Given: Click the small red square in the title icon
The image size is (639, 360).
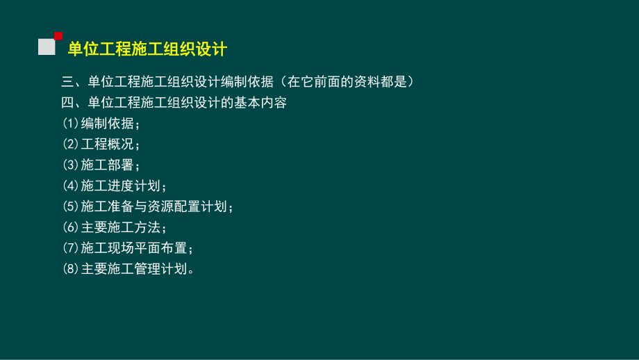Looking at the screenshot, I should [58, 35].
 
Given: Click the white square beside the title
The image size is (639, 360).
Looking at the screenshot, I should [47, 47].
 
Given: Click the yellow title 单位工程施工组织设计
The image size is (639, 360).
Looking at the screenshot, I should [147, 49].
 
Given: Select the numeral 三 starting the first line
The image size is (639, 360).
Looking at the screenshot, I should [67, 83].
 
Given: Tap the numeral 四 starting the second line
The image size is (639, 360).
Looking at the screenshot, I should [67, 104].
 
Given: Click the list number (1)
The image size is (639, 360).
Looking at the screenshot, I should [71, 124].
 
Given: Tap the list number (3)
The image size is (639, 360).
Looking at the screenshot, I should [71, 165].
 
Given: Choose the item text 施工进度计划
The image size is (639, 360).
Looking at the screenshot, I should [121, 186].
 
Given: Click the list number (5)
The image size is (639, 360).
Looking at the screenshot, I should [71, 207].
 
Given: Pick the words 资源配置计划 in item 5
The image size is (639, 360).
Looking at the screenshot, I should [189, 207].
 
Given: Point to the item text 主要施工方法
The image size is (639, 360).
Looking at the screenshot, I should [121, 228].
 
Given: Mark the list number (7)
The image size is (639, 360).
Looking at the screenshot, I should [71, 248].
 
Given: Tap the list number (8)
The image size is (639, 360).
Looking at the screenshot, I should [71, 269].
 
